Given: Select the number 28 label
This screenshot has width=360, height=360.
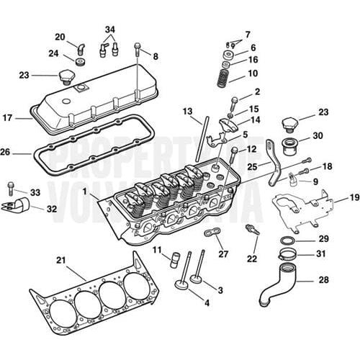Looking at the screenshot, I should (x=325, y=279).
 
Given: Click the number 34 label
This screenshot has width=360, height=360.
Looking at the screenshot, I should (x=109, y=30).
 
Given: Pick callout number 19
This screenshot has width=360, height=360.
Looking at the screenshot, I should (x=354, y=197).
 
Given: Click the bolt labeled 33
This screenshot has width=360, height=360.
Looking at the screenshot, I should (x=12, y=189).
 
